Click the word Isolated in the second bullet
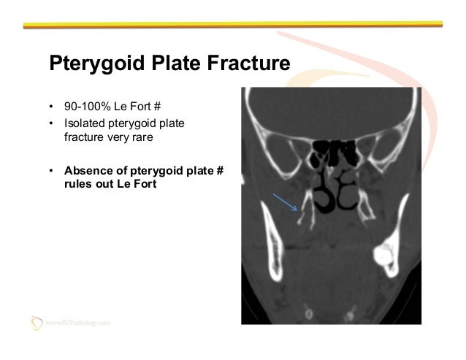click(83, 129)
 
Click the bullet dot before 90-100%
click(52, 115)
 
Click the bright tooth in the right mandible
click(382, 256)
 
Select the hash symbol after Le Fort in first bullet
click(156, 115)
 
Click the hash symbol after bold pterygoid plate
click(219, 172)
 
